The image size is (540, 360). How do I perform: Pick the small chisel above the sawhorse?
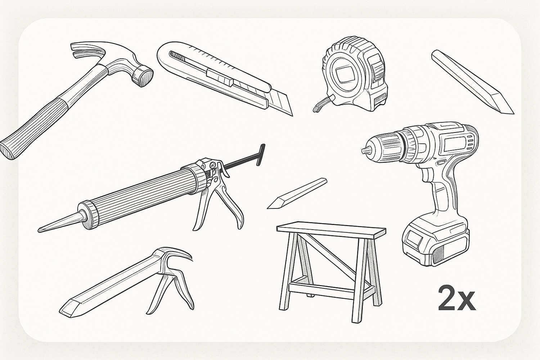coord(297,193)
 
